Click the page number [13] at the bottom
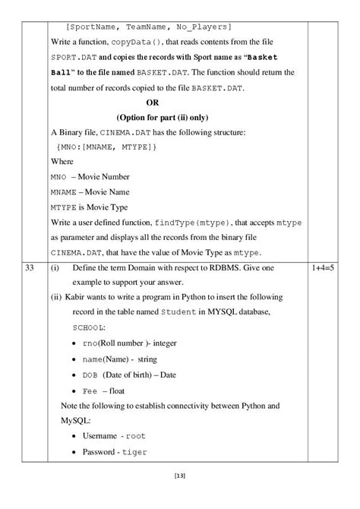(x=180, y=476)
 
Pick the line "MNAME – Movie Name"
(x=90, y=191)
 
